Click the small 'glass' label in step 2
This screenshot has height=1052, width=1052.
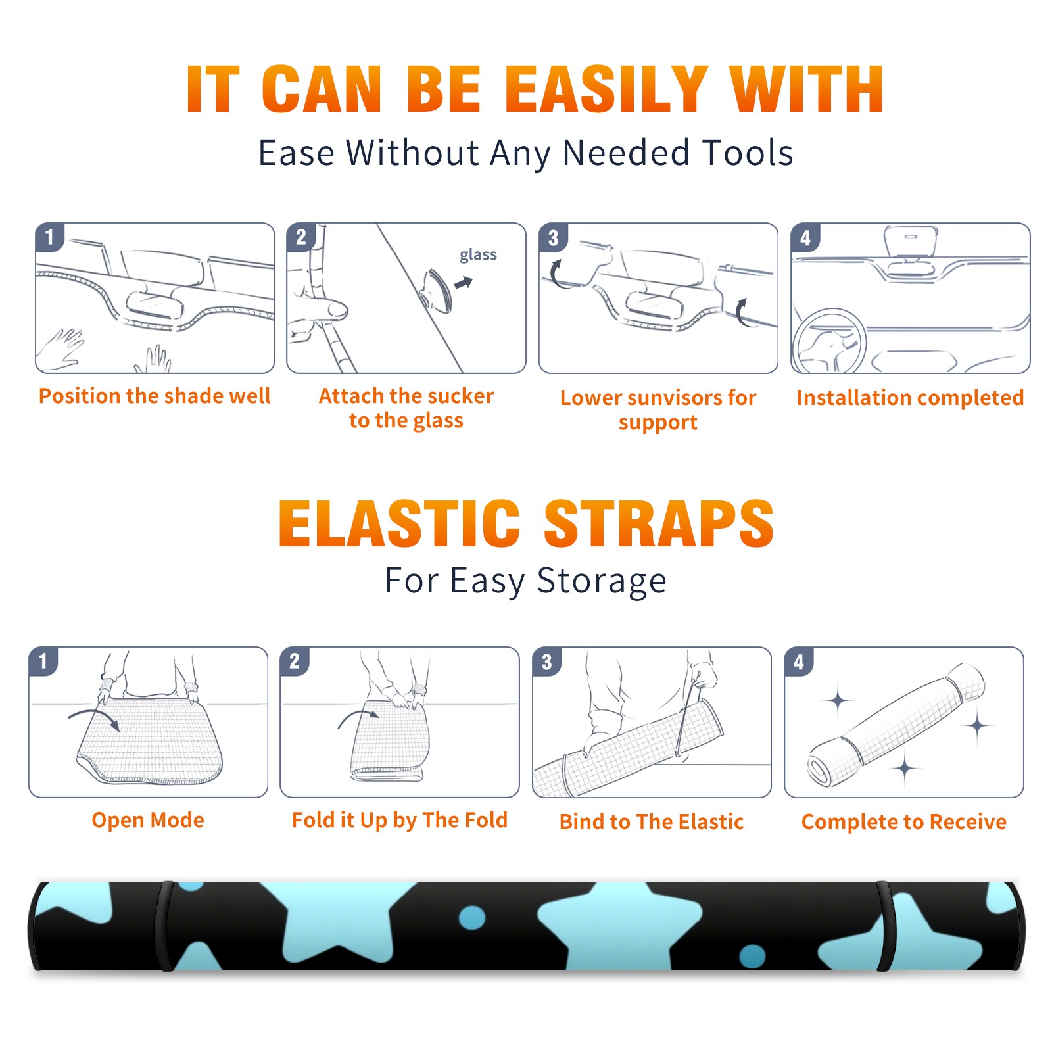click(478, 255)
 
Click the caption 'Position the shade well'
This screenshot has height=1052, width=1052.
click(155, 396)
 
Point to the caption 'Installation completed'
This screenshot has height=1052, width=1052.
click(910, 397)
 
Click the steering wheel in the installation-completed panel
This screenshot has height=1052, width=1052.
click(829, 341)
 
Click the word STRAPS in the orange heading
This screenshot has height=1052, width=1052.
click(659, 523)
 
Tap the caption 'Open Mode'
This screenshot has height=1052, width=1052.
click(148, 820)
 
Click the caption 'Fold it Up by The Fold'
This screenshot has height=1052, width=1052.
click(400, 820)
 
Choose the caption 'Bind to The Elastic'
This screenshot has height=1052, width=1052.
click(652, 822)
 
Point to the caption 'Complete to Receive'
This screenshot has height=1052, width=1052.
click(904, 822)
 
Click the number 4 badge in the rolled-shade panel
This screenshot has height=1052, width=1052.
click(799, 661)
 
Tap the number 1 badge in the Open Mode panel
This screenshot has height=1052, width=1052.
click(43, 661)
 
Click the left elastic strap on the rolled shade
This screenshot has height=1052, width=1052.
click(163, 926)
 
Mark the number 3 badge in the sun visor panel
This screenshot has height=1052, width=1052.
click(554, 237)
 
